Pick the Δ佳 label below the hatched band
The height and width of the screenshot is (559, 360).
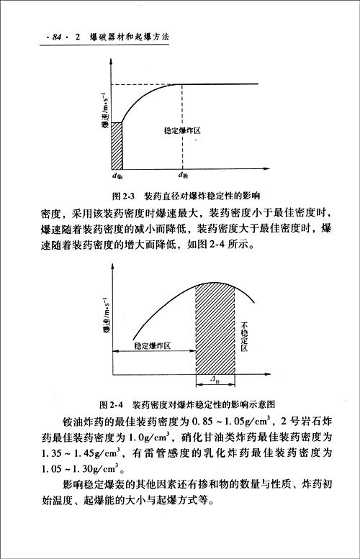click(x=216, y=378)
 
